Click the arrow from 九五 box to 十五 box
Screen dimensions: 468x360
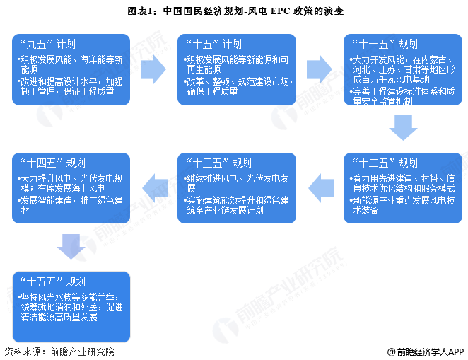pos(153,69)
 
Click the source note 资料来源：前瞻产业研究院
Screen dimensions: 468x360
pos(59,352)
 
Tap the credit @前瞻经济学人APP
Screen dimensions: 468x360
pos(425,352)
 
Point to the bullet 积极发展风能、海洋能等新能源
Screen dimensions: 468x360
pos(71,62)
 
